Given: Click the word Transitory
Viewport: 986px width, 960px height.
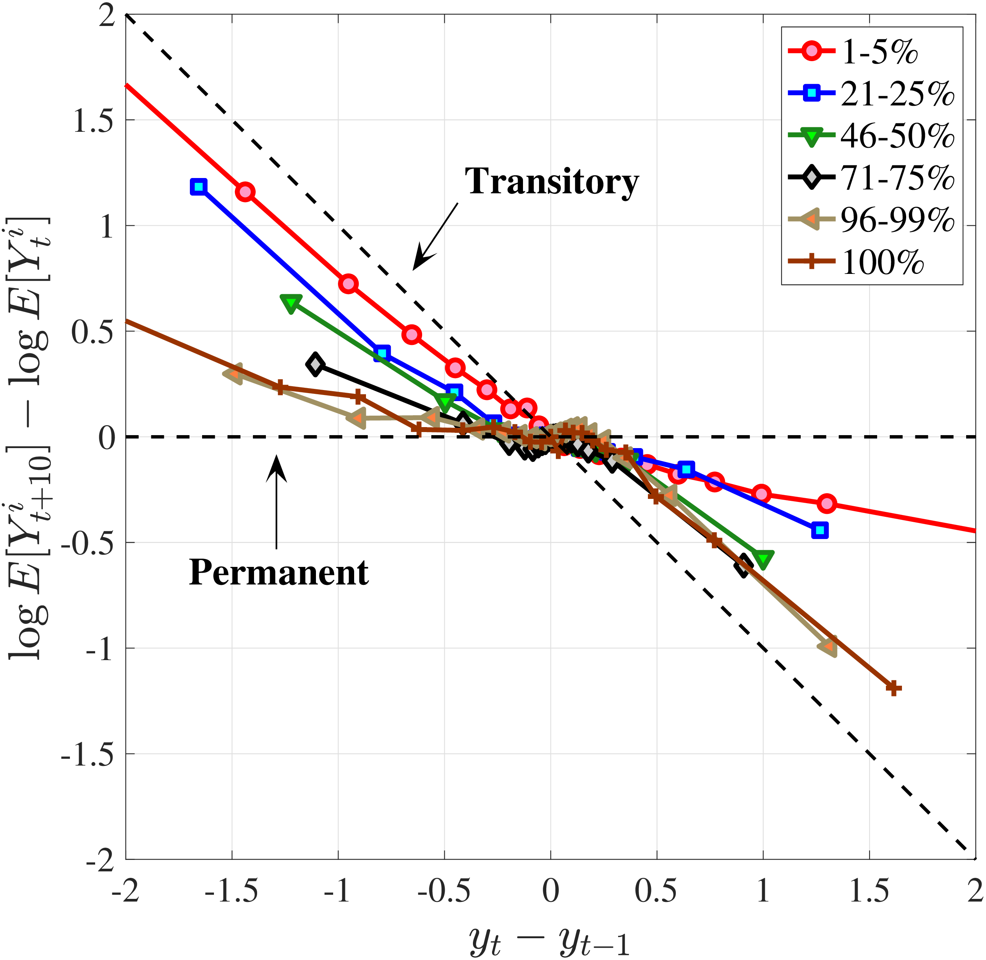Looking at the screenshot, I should click(552, 181).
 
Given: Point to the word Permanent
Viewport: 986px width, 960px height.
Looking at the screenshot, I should click(279, 573).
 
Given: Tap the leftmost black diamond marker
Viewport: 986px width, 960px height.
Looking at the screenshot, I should click(315, 364).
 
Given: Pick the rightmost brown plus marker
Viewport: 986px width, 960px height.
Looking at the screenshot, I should click(893, 688).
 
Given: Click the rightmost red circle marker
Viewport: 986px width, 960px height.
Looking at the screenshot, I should click(827, 503).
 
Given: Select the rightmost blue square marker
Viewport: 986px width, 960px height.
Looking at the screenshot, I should click(820, 530).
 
